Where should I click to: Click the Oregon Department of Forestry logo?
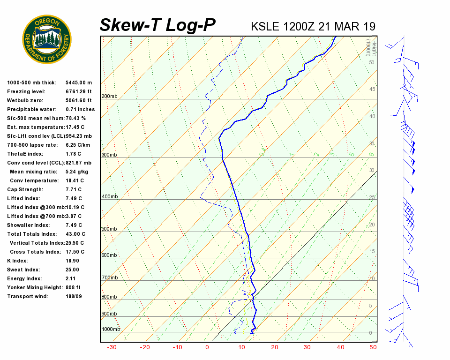point(47,39)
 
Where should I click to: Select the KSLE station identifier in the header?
point(266,26)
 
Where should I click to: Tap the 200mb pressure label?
point(109,97)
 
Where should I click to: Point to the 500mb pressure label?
point(109,229)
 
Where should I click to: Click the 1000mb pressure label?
point(111,330)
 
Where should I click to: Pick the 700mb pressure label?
point(109,278)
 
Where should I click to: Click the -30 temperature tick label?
point(112,347)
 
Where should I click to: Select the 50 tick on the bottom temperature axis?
point(373,347)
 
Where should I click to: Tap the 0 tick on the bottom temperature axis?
point(207,347)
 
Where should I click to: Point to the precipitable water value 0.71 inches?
point(80,110)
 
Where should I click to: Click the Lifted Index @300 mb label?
point(36,207)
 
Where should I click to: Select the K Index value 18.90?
point(72,261)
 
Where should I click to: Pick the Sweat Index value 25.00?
point(72,270)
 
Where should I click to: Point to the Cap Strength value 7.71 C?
point(74,189)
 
